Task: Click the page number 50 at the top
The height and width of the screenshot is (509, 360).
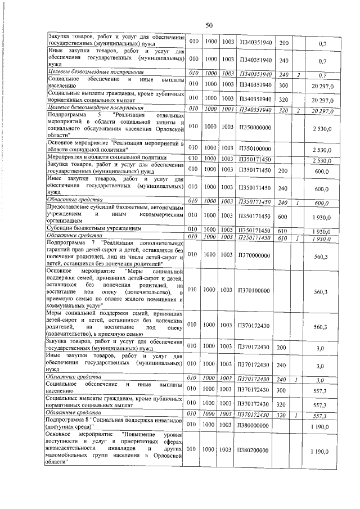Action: tap(209, 25)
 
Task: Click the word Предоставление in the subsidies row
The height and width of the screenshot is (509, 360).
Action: tap(73, 208)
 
